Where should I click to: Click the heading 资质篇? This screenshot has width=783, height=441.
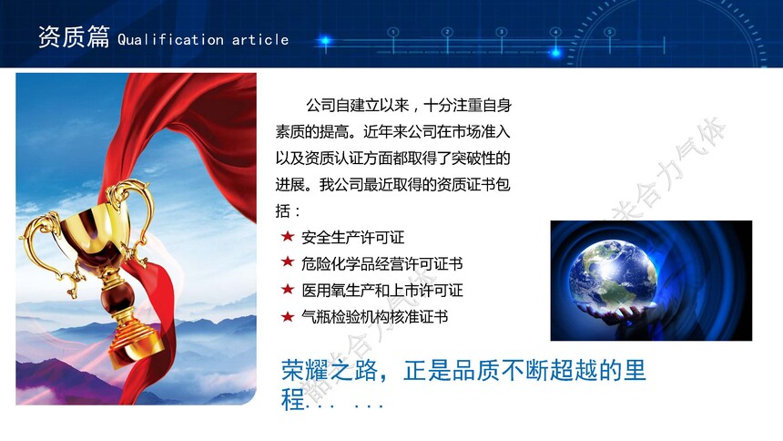[x=74, y=37]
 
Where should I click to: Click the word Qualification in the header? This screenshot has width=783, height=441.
[x=170, y=39]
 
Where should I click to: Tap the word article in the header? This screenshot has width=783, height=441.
[x=260, y=39]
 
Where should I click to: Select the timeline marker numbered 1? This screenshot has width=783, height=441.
[x=393, y=32]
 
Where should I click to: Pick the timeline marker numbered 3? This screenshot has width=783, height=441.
[x=502, y=32]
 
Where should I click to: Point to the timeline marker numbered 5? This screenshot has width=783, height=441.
[x=610, y=32]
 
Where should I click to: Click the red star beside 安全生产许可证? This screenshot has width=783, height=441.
[x=288, y=236]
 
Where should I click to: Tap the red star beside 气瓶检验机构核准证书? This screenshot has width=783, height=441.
[x=288, y=316]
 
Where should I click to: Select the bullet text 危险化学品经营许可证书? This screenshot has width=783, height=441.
[x=382, y=263]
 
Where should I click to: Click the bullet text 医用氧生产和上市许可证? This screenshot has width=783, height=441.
[x=382, y=290]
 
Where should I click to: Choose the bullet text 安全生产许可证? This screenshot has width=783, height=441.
[x=352, y=237]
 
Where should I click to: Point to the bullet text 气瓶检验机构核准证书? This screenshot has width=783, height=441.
[x=374, y=316]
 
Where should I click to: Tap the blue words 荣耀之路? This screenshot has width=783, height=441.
[x=330, y=371]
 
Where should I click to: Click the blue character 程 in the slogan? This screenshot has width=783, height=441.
[x=293, y=399]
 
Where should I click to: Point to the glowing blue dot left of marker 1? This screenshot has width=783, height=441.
[x=325, y=40]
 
